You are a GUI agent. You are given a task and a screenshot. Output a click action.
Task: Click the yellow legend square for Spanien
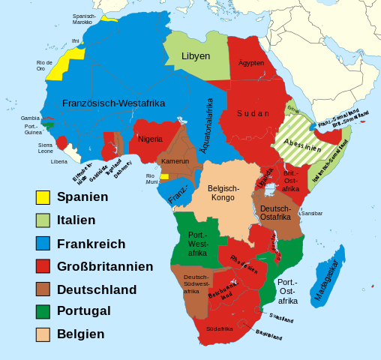(43, 197)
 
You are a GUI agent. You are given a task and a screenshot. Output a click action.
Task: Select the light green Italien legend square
(43, 220)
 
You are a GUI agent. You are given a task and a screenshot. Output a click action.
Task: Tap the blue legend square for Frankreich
(43, 243)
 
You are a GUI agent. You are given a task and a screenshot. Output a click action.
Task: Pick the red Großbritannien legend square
(43, 265)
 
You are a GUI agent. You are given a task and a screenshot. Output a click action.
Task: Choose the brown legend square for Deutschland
(43, 289)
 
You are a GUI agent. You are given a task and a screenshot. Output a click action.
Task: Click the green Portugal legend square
(43, 310)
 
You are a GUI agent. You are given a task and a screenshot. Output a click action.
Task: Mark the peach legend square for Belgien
(43, 334)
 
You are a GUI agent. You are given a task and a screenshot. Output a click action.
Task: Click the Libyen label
(196, 56)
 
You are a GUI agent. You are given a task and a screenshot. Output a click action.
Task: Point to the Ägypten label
(251, 63)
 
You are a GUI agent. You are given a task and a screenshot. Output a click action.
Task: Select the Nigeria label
(150, 139)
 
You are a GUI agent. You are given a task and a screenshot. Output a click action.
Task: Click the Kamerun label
(175, 161)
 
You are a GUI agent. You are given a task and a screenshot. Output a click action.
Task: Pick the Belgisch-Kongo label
(223, 193)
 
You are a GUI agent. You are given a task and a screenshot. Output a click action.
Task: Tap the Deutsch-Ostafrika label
(275, 212)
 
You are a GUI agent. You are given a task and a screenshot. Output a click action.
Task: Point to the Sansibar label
(311, 213)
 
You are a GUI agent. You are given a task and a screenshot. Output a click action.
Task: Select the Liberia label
(58, 161)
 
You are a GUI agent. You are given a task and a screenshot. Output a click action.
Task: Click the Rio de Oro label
(44, 65)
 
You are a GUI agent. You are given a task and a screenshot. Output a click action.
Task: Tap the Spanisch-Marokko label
(84, 19)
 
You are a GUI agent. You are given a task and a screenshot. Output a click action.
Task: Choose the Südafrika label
(219, 328)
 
